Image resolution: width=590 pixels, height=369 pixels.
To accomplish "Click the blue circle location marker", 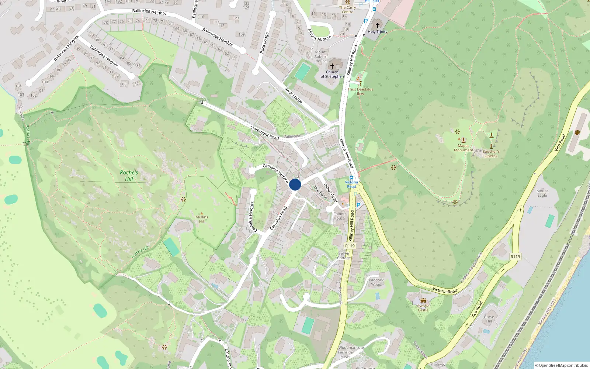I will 295,184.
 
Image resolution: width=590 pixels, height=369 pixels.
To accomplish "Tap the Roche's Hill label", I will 129,176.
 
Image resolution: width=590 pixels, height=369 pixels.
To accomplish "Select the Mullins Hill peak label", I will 202,219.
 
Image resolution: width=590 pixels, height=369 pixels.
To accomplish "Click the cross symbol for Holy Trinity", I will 377,25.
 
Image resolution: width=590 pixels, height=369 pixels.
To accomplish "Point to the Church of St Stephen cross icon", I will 332,66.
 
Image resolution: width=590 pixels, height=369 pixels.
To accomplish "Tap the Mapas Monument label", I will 464,148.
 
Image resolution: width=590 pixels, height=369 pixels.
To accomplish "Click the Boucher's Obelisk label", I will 491,154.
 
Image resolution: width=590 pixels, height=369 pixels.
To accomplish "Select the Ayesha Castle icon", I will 423,300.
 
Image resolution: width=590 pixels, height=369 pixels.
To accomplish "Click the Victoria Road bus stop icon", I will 351,177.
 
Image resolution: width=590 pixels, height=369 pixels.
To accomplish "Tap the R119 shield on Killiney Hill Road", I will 350,246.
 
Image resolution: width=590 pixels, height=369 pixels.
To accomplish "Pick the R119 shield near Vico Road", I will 515,257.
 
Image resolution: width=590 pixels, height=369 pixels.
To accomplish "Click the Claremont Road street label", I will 264,133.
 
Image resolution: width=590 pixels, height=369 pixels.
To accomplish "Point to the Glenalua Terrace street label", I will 275,173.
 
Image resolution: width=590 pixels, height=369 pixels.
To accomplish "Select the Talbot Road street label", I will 330,192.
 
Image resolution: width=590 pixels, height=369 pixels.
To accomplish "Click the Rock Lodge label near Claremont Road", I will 293,96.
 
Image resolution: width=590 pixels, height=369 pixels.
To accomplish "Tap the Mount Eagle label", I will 542,193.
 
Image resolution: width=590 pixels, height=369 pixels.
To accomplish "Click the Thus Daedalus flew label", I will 360,92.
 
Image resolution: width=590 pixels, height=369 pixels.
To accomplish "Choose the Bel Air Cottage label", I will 344,256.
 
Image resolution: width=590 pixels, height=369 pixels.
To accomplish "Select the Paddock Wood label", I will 376,282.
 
